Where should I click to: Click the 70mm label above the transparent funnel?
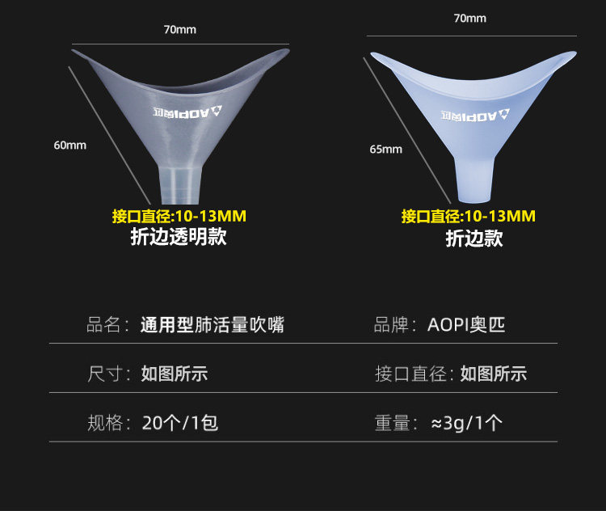tap(179, 30)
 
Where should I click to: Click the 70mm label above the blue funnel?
tap(470, 18)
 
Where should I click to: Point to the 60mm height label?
tap(69, 146)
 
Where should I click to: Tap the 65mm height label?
tap(385, 149)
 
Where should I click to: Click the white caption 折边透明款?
tap(179, 237)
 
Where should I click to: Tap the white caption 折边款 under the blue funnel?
tap(474, 239)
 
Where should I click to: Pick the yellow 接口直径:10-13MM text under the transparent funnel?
tap(179, 216)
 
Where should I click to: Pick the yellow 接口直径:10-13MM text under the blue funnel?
tap(469, 216)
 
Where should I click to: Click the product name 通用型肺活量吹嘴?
tap(213, 325)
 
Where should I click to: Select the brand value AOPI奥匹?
tap(465, 325)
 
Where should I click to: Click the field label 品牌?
tap(394, 325)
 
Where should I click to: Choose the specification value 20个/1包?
tap(179, 422)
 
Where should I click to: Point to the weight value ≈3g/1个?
tap(467, 422)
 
